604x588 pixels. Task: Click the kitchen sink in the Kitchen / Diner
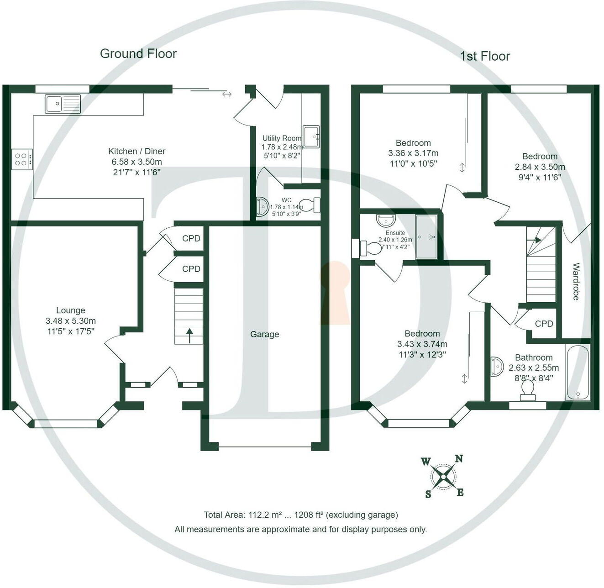coord(63,104)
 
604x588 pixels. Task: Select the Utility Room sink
coord(311,136)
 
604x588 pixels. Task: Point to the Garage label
coord(264,335)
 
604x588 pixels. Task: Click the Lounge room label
coord(71,310)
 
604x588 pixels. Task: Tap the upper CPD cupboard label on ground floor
coord(191,238)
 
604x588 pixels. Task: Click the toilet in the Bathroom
coord(527,390)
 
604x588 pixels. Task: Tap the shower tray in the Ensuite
coord(426,237)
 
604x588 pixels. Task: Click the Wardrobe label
coord(576,282)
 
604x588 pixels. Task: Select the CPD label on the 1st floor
coord(544,324)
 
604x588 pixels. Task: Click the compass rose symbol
coord(443,477)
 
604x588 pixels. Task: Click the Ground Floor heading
coord(138,54)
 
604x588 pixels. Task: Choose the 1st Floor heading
coord(484,56)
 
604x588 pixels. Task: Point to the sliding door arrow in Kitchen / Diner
coord(227,94)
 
